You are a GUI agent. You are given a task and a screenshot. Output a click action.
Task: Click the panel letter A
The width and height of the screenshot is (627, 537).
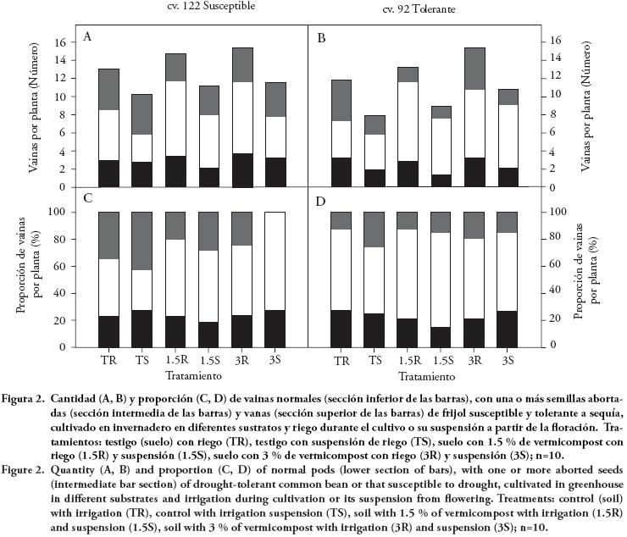(87, 37)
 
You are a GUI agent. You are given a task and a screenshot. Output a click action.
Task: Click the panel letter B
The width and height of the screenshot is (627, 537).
(321, 38)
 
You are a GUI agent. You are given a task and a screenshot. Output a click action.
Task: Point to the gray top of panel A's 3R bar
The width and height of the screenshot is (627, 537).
(242, 64)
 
